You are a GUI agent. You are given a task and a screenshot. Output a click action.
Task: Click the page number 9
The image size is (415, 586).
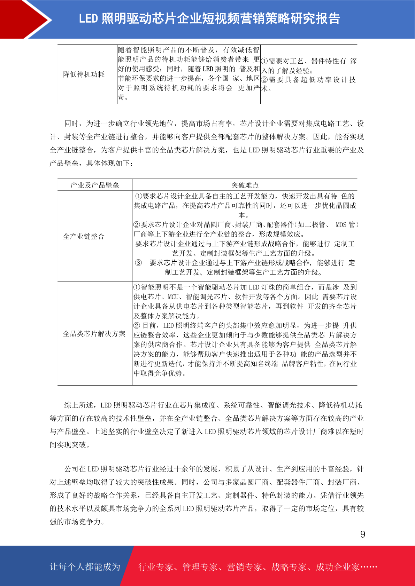pyautogui.click(x=362, y=534)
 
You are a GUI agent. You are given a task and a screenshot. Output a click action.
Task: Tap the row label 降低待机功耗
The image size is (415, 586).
pyautogui.click(x=84, y=74)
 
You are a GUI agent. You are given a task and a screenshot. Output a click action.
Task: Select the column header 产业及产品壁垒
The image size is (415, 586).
pyautogui.click(x=95, y=185)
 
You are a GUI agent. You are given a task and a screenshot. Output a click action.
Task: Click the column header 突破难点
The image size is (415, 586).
pyautogui.click(x=245, y=185)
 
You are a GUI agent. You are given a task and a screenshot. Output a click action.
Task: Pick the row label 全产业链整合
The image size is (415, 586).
pyautogui.click(x=84, y=237)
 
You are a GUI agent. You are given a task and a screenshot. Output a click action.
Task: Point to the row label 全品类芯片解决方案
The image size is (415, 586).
pyautogui.click(x=94, y=334)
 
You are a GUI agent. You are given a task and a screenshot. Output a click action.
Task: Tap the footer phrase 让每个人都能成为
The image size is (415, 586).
pyautogui.click(x=85, y=567)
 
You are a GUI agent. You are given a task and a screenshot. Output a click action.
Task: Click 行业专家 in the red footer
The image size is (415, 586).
pyautogui.click(x=156, y=567)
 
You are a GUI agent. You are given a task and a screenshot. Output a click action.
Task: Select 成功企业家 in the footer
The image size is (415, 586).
pyautogui.click(x=337, y=567)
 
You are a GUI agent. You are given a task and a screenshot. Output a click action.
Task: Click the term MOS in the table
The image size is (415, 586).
pyautogui.click(x=341, y=225)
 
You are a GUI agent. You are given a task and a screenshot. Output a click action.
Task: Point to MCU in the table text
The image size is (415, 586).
pyautogui.click(x=173, y=297)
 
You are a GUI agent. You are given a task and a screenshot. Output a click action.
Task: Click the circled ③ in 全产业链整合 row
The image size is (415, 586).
pyautogui.click(x=138, y=263)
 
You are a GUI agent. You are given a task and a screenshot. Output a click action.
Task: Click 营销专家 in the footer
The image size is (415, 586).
pyautogui.click(x=244, y=567)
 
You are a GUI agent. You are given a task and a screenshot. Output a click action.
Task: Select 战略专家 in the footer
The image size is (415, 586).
pyautogui.click(x=289, y=567)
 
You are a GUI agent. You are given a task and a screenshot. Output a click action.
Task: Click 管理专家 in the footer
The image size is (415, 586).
pyautogui.click(x=200, y=567)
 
